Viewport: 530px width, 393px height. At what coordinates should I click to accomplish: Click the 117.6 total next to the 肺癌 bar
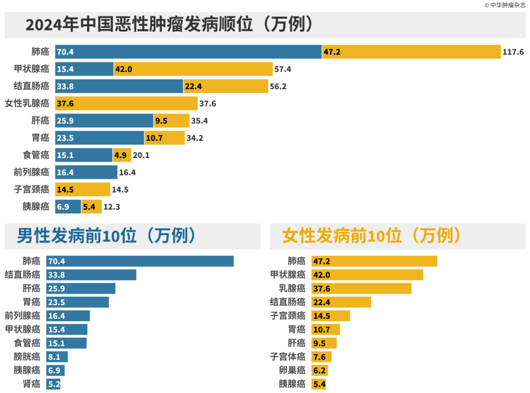pos(513,52)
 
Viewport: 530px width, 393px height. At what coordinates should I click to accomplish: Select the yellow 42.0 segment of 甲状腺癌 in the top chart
pos(193,69)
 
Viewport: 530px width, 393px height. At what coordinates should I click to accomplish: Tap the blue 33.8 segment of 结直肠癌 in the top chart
pos(119,86)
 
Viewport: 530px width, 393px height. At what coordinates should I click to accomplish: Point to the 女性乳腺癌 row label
pos(27,104)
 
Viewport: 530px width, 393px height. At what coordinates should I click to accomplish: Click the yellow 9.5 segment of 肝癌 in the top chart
pos(172,121)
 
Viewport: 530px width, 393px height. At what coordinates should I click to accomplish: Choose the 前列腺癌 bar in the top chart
pos(86,172)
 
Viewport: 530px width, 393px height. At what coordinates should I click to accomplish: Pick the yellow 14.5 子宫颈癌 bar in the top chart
pos(82,190)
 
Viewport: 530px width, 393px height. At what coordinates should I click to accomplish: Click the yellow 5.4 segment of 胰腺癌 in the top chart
pos(92,207)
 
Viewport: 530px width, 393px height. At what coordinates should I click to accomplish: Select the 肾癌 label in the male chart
pos(31,384)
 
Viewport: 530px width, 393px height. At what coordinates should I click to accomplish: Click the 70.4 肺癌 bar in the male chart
pos(140,261)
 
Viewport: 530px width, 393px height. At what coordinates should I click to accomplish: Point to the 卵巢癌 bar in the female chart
pos(320,370)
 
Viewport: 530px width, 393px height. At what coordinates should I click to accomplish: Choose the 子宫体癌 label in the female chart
pos(288,357)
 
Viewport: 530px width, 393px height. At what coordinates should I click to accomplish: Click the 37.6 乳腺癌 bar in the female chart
pos(361,288)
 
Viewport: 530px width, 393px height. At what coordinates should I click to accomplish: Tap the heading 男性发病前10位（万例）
pos(106,236)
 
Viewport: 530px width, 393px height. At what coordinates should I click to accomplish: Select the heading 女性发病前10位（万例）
pos(371,236)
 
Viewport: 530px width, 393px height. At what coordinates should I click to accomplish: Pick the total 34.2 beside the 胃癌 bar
pos(195,138)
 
